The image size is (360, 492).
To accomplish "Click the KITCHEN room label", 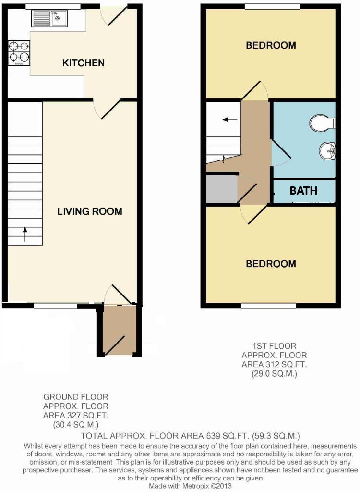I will point(83,63).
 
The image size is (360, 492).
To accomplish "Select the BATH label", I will point(303,191).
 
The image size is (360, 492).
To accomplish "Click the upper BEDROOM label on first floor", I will point(271,46).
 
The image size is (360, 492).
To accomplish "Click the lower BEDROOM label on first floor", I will point(271,264).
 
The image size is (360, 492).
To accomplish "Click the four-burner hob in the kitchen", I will point(19,52).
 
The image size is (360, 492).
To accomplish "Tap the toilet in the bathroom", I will point(322,123).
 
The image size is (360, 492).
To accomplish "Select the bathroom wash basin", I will point(327,151).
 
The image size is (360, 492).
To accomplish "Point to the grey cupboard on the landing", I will point(222,189).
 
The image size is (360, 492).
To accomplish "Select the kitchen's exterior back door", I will point(114,14).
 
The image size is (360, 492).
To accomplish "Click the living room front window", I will point(55,306).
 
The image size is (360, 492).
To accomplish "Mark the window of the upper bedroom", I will point(272,6).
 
